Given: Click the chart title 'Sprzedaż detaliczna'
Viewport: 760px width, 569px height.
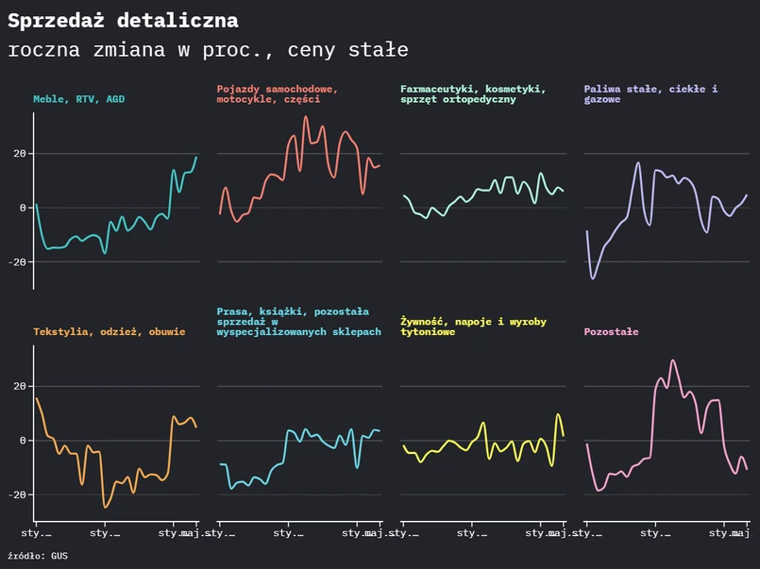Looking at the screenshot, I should pyautogui.click(x=123, y=21).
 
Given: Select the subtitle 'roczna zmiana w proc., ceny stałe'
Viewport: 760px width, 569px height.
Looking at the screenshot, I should pyautogui.click(x=208, y=50).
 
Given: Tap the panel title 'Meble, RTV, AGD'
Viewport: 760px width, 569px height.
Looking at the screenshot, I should pyautogui.click(x=78, y=99).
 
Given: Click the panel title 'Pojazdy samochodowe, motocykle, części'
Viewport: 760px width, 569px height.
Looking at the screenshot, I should pyautogui.click(x=277, y=93).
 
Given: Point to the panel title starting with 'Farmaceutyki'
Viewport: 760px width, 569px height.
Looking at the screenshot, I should pyautogui.click(x=472, y=93).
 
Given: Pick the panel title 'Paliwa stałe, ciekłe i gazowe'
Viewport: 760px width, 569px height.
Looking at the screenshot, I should pyautogui.click(x=650, y=93).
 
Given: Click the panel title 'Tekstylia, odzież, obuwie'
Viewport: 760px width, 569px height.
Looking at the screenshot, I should pyautogui.click(x=110, y=332).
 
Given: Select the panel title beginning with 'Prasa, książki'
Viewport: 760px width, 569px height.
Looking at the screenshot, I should pyautogui.click(x=298, y=322).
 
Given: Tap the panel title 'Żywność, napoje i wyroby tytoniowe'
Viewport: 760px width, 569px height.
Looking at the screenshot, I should pyautogui.click(x=473, y=326).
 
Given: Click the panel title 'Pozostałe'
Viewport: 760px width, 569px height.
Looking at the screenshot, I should pyautogui.click(x=611, y=332).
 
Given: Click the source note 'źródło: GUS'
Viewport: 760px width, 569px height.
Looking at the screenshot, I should pyautogui.click(x=38, y=556).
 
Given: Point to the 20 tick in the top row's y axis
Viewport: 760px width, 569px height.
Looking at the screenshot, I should pyautogui.click(x=18, y=154).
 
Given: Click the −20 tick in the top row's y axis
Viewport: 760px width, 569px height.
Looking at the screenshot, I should pyautogui.click(x=15, y=261).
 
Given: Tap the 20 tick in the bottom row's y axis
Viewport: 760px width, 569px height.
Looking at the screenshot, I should pyautogui.click(x=18, y=387).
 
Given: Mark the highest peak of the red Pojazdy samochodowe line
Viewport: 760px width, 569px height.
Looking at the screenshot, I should pyautogui.click(x=305, y=117).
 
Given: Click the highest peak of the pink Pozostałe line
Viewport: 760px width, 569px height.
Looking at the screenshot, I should pyautogui.click(x=673, y=360).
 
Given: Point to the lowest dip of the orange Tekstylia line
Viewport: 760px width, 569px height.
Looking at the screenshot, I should pyautogui.click(x=106, y=507).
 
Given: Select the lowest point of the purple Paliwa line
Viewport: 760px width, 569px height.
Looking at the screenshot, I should pyautogui.click(x=593, y=278).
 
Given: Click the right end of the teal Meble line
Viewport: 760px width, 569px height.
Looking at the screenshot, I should pyautogui.click(x=197, y=158).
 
